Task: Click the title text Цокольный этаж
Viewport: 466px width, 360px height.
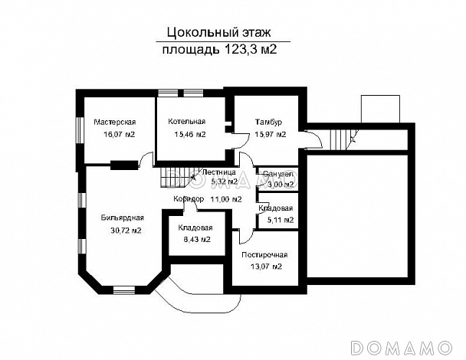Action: point(217,33)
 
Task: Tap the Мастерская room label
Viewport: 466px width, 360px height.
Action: point(114,122)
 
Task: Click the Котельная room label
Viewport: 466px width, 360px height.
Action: point(187,122)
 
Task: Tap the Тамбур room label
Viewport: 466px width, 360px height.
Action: point(268,122)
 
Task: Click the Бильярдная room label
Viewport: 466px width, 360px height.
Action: point(123,218)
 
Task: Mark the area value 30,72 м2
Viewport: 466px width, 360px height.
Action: point(124,230)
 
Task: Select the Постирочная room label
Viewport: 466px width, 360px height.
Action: point(264,254)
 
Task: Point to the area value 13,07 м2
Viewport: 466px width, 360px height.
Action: point(264,267)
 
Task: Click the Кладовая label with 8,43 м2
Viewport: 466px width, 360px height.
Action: point(195,228)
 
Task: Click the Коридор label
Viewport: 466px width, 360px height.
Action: point(188,199)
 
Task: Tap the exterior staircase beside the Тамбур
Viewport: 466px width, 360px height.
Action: point(340,139)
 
